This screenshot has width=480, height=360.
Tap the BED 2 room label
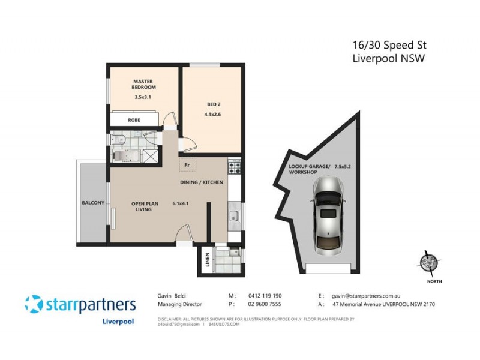(x=206, y=104)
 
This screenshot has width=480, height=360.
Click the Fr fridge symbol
(x=187, y=164)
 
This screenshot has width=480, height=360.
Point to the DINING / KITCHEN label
(x=202, y=181)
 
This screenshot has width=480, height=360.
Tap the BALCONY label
(x=93, y=203)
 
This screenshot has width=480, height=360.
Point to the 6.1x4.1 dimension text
(x=181, y=203)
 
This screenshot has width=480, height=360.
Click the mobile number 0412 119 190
(x=263, y=296)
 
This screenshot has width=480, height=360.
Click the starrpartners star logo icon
(x=34, y=304)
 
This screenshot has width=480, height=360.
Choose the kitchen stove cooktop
(x=234, y=166)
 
